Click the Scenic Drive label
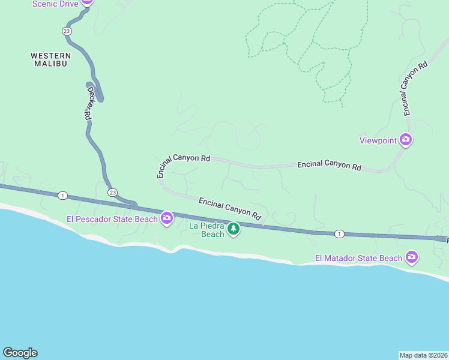[x=55, y=4]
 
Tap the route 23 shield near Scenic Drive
[x=66, y=31]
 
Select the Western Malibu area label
[x=49, y=59]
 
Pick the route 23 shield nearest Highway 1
[x=112, y=192]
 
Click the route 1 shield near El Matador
[x=339, y=233]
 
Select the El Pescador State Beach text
[x=112, y=219]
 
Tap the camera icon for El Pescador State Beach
[x=167, y=219]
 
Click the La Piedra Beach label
[x=206, y=230]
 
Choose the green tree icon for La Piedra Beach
[x=233, y=229]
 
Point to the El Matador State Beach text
[x=358, y=259]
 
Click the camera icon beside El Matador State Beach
[x=411, y=258]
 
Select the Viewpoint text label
[x=378, y=141]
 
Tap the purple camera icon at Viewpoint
[x=406, y=140]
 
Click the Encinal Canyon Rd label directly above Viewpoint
[x=415, y=88]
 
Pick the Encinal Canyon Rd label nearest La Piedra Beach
[x=231, y=208]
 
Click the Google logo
[x=20, y=353]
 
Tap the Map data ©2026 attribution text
[x=423, y=355]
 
